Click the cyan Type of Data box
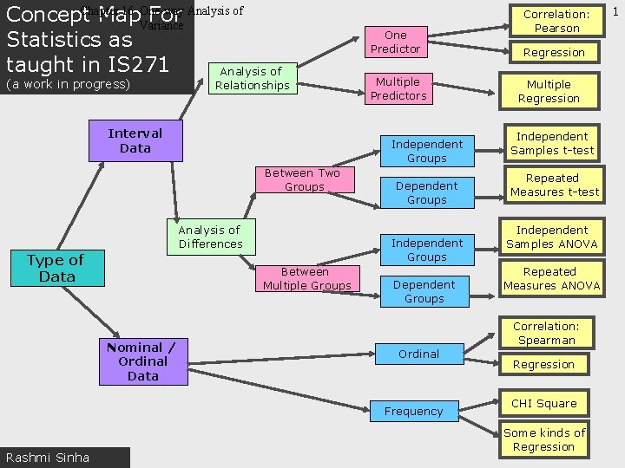pos(56,269)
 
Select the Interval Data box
pos(135,141)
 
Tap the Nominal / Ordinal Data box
pos(141,361)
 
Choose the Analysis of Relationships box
pos(252,78)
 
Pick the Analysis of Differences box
pos(210,237)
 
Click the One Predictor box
pos(395,42)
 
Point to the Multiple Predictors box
pos(398,88)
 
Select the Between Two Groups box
pos(304,179)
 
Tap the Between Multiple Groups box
pos(306,278)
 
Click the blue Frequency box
pos(413,412)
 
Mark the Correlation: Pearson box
pos(556,21)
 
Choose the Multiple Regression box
pos(549,91)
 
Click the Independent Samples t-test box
pos(552,143)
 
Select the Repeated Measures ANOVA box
pos(551,278)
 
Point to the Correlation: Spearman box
pos(546,333)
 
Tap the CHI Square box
pos(543,403)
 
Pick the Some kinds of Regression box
pos(544,439)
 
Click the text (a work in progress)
pos(68,84)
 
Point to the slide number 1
pos(615,11)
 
